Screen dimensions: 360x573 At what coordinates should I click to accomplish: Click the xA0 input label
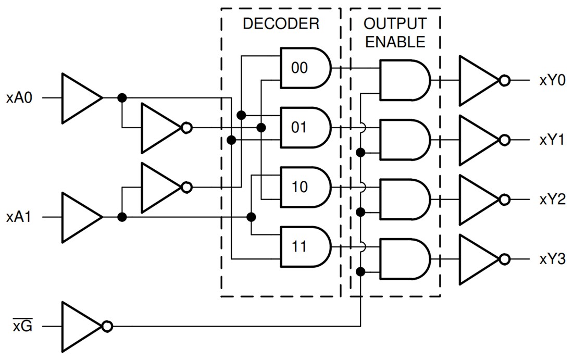tap(20, 97)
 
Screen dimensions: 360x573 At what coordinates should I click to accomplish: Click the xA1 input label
tap(20, 217)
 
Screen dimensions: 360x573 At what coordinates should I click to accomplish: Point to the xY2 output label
tap(552, 200)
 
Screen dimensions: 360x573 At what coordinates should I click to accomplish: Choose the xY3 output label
tap(552, 259)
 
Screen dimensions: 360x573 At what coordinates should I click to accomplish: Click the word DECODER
tap(281, 24)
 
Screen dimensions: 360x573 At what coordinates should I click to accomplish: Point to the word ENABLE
tap(395, 42)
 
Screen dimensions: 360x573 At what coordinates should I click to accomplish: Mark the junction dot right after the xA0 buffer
tap(122, 98)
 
